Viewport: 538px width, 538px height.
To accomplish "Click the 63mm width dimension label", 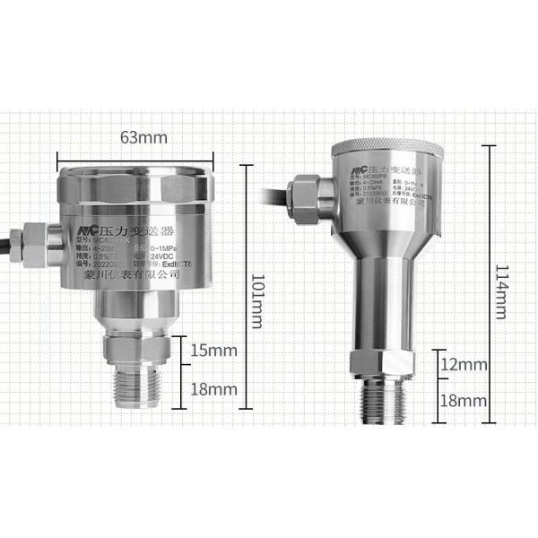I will tap(143, 137).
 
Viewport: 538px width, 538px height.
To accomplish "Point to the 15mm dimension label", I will tap(213, 350).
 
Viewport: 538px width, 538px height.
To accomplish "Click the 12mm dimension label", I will tap(463, 365).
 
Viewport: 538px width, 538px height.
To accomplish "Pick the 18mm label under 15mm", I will tap(213, 389).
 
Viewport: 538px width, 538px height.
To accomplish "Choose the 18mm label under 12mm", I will tap(463, 400).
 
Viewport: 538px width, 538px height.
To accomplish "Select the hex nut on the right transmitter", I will tap(388, 362).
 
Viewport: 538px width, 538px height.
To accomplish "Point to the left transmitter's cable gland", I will tap(30, 240).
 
